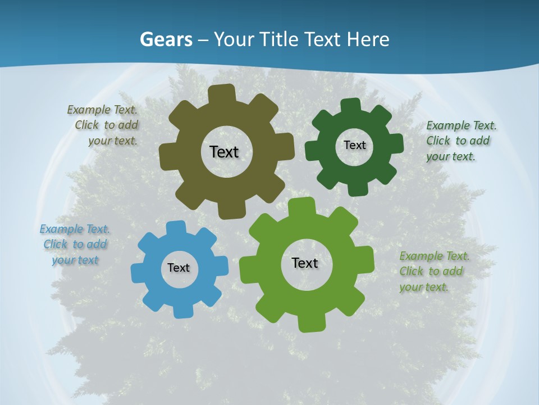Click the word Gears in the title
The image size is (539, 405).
166,39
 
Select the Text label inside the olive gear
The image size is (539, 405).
224,152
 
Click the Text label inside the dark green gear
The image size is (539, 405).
354,145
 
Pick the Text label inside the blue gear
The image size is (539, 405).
179,268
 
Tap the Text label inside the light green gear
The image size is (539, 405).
305,263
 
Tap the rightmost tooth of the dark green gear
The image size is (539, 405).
395,144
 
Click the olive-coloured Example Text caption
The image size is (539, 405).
104,125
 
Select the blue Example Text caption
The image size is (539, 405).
75,245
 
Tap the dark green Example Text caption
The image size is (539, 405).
460,141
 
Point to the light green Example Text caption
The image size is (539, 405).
433,272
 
